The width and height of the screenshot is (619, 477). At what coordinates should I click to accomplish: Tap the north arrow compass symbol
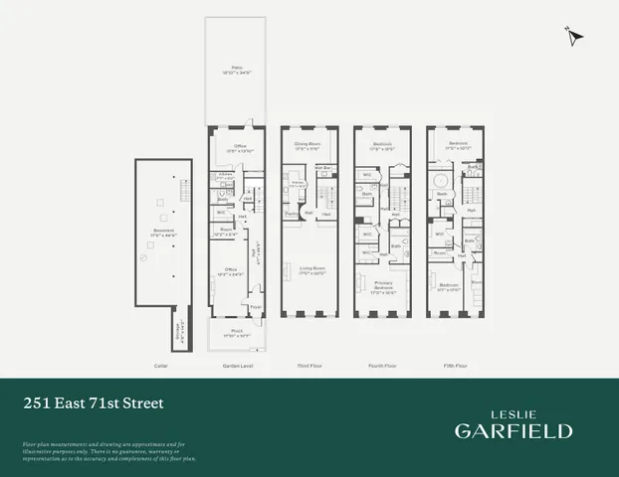[x=574, y=38]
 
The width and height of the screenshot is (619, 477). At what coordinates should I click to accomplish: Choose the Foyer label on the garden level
[x=255, y=307]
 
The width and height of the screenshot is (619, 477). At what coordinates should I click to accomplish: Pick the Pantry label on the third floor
[x=293, y=214]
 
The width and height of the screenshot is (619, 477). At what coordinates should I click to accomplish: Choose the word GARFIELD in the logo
[x=514, y=430]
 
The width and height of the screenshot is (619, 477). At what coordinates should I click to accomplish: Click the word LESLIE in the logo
[x=514, y=409]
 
